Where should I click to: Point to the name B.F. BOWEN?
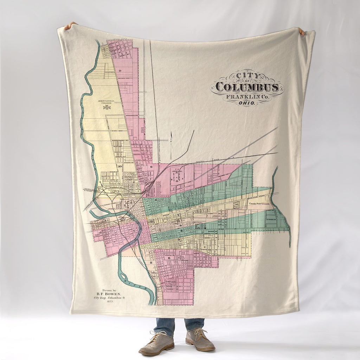(109, 293)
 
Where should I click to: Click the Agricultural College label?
(106, 102)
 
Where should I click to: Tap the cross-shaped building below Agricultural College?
(107, 107)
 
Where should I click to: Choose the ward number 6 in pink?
(169, 258)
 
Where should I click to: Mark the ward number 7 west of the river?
(134, 231)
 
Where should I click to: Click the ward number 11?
(151, 263)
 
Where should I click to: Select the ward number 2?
(178, 215)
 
